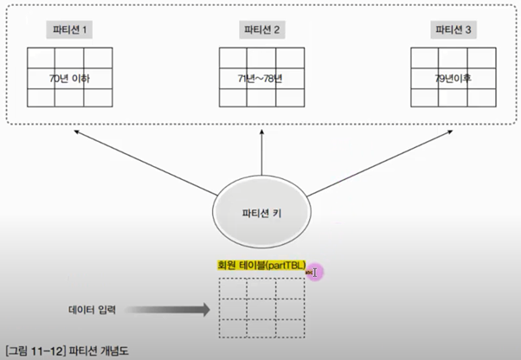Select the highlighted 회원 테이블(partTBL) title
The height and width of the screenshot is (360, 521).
261,266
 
